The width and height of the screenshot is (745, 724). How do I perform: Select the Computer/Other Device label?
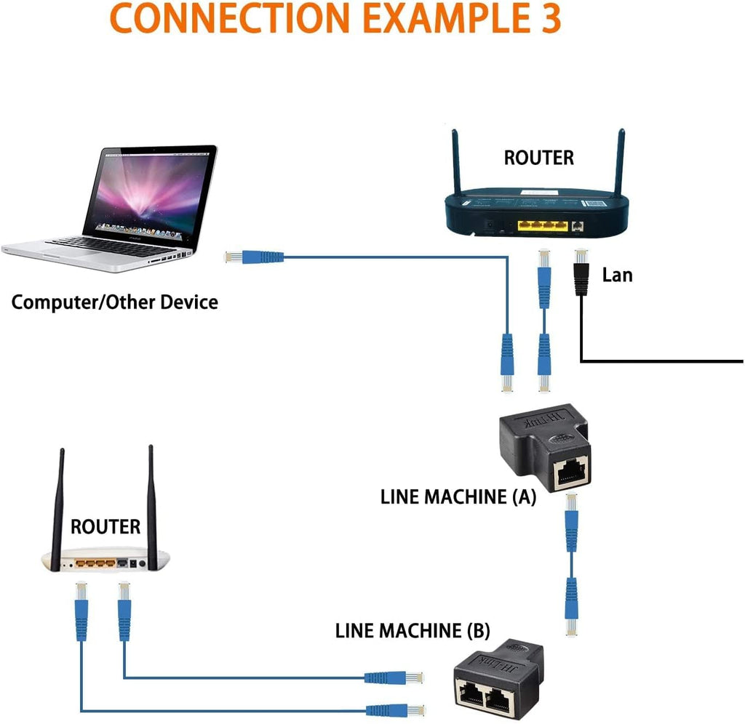point(114,302)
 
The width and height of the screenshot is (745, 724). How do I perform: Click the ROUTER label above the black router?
point(538,157)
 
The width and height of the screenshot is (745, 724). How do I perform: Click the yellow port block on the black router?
point(541,225)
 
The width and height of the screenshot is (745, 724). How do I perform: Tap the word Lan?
point(617,275)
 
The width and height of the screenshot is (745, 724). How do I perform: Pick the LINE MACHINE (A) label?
point(458,497)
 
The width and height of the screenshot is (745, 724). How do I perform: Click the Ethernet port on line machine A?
point(573,474)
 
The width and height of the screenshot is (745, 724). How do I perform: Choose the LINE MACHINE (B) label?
point(413,630)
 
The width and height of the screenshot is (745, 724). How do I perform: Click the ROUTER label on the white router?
point(105,526)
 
